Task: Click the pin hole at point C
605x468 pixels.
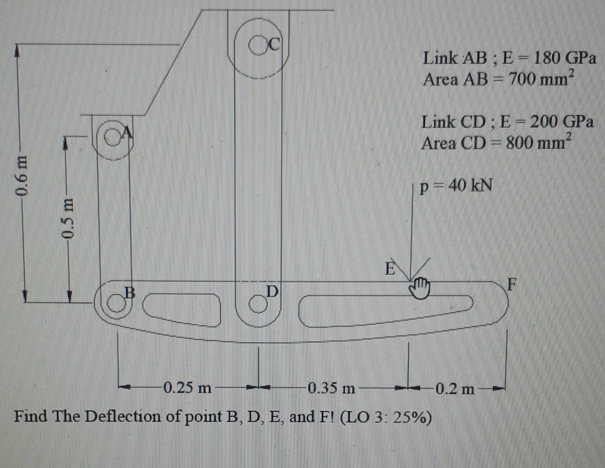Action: click(x=259, y=45)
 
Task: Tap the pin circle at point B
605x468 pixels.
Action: click(x=116, y=304)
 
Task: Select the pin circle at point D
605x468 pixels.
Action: click(x=257, y=305)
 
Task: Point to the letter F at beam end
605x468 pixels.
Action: click(x=512, y=285)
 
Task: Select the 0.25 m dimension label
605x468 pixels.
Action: click(x=187, y=387)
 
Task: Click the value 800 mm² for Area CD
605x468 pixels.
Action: click(x=539, y=142)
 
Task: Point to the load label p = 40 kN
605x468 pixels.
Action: click(x=456, y=186)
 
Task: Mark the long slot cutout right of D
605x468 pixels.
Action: click(x=386, y=309)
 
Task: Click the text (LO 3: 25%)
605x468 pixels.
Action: click(x=386, y=417)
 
